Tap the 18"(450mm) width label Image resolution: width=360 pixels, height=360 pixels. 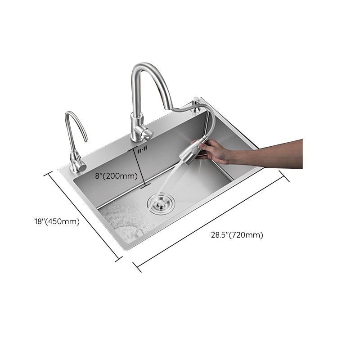(x=57, y=221)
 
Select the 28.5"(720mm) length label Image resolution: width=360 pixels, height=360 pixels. (x=237, y=235)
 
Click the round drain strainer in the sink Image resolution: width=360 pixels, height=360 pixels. (x=159, y=204)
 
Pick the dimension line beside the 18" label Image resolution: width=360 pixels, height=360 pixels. (x=85, y=215)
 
